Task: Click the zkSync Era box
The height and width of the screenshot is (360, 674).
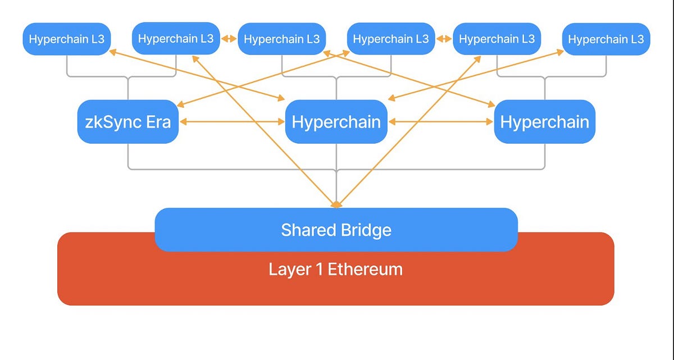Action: click(x=128, y=122)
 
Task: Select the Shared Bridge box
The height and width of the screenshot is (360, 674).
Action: click(x=336, y=230)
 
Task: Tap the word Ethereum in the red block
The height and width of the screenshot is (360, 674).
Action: click(x=365, y=269)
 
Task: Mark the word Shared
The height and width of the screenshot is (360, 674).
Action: click(x=306, y=230)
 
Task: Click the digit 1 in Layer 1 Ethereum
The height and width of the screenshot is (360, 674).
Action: click(x=318, y=269)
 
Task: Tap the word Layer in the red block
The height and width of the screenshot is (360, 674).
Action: click(x=290, y=269)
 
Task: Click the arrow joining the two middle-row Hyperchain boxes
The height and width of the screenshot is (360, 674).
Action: click(x=441, y=121)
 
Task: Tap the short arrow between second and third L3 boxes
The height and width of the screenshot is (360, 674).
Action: click(x=229, y=39)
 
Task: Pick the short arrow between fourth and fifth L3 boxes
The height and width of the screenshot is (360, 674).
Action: click(x=444, y=39)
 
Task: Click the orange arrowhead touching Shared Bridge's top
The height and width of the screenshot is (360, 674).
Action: click(x=336, y=204)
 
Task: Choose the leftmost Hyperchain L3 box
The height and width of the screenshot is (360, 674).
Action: click(x=66, y=39)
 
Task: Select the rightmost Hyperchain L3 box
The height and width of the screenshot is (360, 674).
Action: click(x=605, y=39)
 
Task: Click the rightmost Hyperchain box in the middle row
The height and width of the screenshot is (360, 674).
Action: click(x=544, y=122)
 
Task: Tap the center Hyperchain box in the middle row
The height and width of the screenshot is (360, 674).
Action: click(x=336, y=122)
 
